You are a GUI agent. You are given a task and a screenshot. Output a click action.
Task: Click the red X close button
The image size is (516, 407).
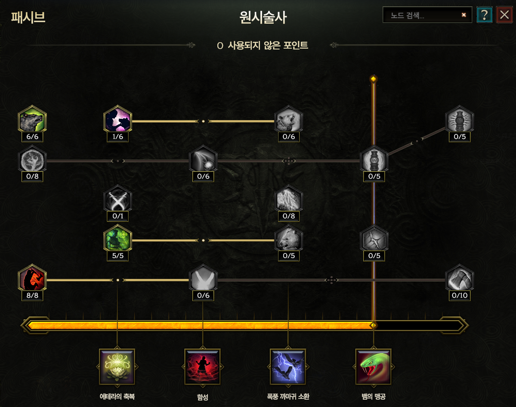tap(504, 15)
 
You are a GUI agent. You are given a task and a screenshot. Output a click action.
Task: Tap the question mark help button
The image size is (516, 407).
tap(485, 15)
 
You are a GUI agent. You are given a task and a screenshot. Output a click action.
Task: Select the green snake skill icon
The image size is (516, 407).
tap(373, 367)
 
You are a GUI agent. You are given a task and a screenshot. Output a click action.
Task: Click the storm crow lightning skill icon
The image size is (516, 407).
tap(288, 367)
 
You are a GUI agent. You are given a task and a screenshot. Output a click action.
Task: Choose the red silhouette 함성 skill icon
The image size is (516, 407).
tap(203, 367)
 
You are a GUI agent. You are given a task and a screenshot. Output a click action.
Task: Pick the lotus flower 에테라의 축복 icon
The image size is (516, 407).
tap(117, 367)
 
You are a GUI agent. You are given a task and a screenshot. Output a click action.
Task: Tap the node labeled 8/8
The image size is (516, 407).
tap(32, 280)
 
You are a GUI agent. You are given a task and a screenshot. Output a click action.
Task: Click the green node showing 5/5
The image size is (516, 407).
tap(117, 240)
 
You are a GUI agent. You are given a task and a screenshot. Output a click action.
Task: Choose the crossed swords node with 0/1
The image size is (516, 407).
tap(117, 200)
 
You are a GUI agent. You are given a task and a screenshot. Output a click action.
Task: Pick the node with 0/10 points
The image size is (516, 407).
tap(459, 280)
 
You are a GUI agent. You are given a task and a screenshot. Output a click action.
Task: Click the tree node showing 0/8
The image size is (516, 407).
tap(32, 160)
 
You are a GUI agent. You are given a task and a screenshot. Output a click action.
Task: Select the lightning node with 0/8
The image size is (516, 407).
tap(288, 200)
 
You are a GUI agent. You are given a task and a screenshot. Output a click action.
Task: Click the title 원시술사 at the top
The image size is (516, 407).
tap(263, 18)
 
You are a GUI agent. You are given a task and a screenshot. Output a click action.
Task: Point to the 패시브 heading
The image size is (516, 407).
tap(28, 18)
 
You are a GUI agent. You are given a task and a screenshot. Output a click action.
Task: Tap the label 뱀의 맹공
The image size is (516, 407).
tap(373, 396)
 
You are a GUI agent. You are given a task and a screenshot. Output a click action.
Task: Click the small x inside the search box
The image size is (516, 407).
tap(463, 15)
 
